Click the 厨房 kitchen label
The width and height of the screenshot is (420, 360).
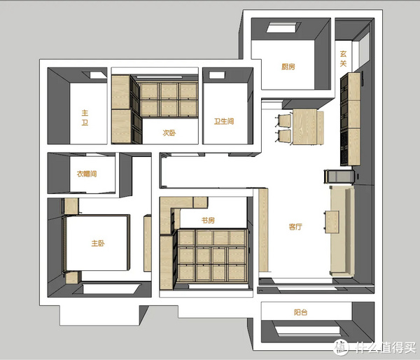tap(288, 67)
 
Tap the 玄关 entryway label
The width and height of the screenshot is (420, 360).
tap(343, 58)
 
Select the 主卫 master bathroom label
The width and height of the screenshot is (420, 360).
tap(85, 118)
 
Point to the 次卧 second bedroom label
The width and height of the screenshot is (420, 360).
tap(169, 132)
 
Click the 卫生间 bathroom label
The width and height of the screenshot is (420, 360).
tap(224, 121)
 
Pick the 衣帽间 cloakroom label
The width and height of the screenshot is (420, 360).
tap(87, 174)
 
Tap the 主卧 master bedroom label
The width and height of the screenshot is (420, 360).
tap(98, 243)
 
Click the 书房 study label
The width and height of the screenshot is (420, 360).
tap(208, 221)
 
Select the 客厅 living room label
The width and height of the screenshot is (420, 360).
tap(295, 227)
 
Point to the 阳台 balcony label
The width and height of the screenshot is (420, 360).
tap(300, 312)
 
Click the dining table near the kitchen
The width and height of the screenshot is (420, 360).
tap(305, 127)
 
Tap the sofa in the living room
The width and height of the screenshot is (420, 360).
tap(342, 231)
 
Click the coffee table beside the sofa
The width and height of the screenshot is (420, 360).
tap(332, 222)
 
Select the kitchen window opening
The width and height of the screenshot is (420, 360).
tap(284, 27)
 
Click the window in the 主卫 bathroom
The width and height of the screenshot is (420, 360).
tap(94, 75)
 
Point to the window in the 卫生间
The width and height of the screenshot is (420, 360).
tap(218, 75)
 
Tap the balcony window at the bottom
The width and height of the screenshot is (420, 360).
tap(308, 331)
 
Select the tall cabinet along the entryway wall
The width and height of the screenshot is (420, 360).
tap(351, 119)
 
